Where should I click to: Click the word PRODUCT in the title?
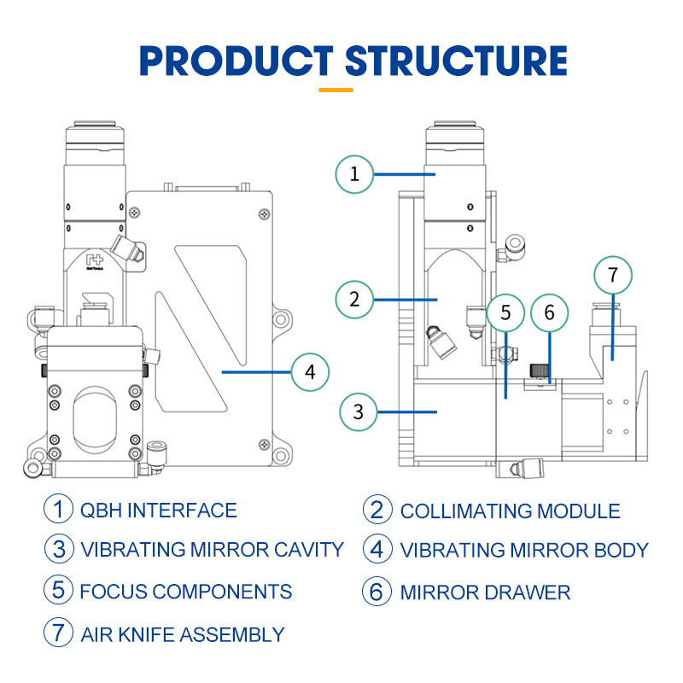tap(237, 61)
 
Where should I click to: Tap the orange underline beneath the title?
tap(336, 89)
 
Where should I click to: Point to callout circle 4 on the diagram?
tap(310, 372)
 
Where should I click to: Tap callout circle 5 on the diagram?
tap(505, 312)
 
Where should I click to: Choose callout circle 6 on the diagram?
tap(549, 312)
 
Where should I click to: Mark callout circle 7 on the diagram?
tap(612, 275)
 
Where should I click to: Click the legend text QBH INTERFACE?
tap(158, 511)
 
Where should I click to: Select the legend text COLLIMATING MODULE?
tap(510, 511)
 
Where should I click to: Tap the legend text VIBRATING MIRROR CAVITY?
tap(212, 550)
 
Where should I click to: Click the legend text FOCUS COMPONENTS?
tap(186, 591)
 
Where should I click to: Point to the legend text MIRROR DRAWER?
tap(485, 592)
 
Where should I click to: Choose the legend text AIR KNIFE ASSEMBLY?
tap(182, 634)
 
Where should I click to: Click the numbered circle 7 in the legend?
tap(58, 633)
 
